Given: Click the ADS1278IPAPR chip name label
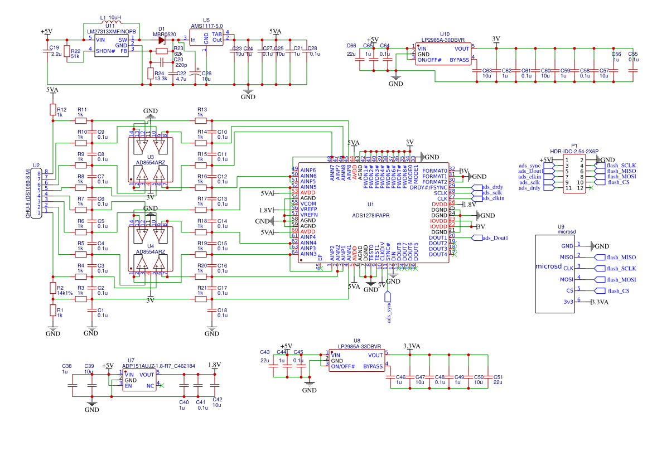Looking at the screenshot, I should [370, 215].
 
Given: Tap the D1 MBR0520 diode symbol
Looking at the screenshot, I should [162, 40].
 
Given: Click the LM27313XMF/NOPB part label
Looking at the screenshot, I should [110, 31].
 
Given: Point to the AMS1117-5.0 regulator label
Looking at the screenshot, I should [206, 26].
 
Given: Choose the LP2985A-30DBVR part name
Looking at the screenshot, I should [444, 40].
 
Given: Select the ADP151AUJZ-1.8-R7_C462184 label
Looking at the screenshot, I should [158, 366].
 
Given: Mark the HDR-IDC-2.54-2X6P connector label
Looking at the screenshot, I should [574, 152].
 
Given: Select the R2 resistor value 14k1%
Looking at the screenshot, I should [65, 293].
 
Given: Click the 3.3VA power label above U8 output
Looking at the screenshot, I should [411, 346].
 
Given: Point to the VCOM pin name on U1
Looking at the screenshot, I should [308, 203].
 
